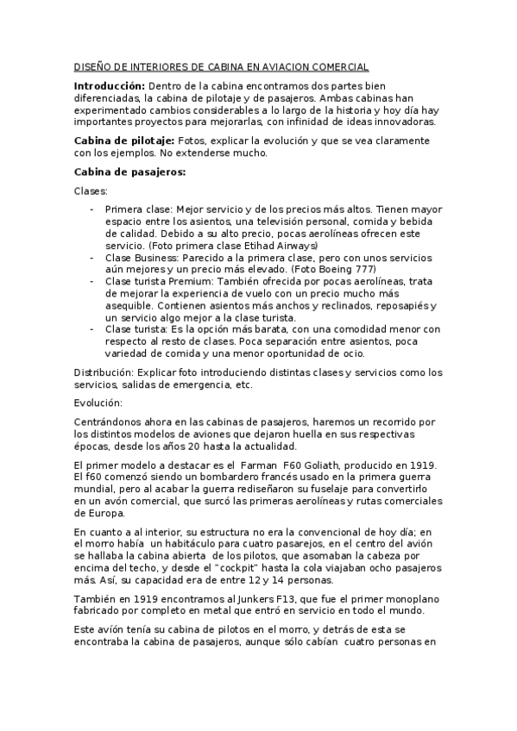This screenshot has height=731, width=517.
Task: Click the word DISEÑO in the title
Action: click(88, 66)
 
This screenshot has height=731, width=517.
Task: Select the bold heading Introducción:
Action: click(110, 86)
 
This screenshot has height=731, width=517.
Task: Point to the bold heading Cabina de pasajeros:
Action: click(129, 172)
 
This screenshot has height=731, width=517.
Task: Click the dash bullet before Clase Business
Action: click(92, 258)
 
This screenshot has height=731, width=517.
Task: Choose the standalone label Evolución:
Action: click(98, 403)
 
